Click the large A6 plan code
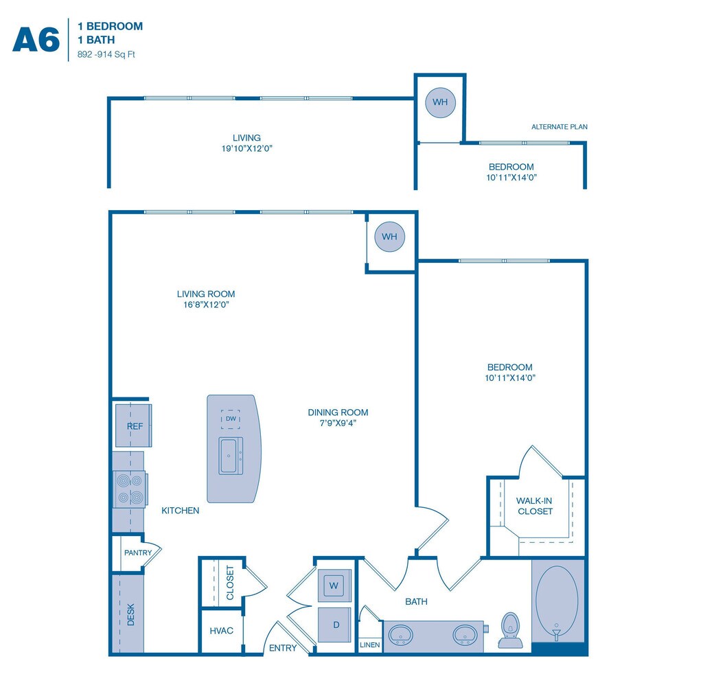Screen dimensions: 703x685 tap(36, 39)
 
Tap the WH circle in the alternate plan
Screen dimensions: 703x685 tap(440, 102)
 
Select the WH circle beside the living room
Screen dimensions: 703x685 tap(389, 237)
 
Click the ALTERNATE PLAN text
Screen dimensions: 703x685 tap(560, 127)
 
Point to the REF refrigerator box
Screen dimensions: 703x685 tap(135, 426)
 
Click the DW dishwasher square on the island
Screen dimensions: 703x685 tap(231, 419)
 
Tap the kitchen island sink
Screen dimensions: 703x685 tap(230, 455)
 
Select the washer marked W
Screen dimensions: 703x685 tap(334, 586)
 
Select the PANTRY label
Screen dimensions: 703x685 tap(137, 553)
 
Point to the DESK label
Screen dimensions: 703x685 tap(131, 615)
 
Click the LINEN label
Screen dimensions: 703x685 tap(369, 645)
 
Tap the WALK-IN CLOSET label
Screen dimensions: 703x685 tap(535, 506)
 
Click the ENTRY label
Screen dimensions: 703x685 tap(283, 648)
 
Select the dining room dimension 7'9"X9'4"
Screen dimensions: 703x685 tap(337, 423)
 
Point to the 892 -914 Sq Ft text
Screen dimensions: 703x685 tap(106, 54)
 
